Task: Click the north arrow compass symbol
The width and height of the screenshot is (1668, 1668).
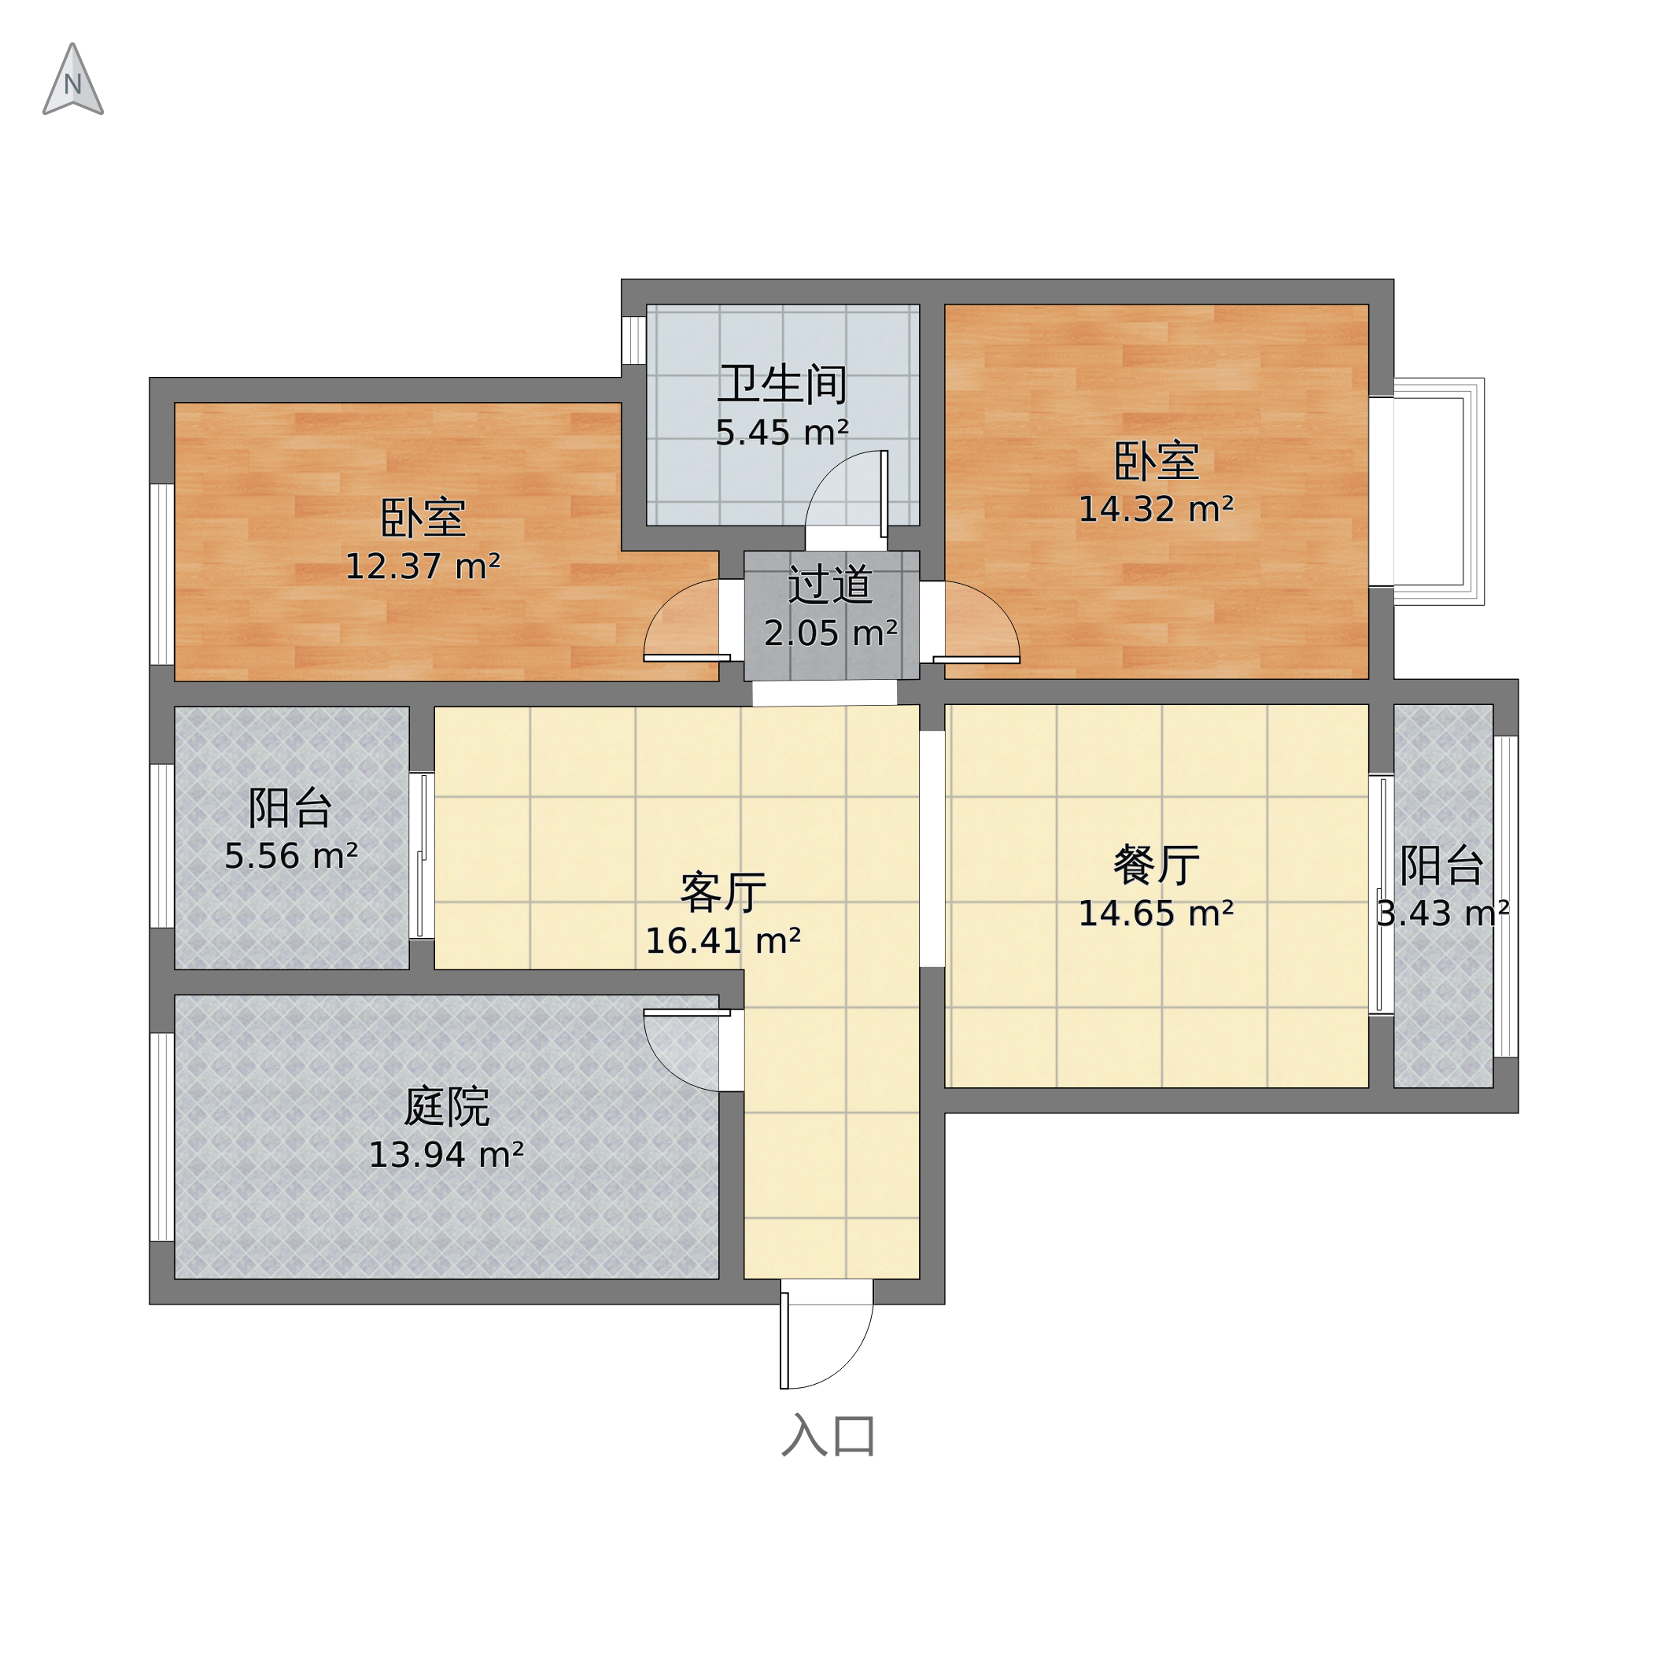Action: pos(73,80)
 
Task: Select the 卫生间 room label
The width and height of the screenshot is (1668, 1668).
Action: pos(782,384)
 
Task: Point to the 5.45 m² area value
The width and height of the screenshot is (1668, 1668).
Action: pos(782,433)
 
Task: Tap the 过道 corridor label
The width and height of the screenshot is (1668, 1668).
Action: pos(830,585)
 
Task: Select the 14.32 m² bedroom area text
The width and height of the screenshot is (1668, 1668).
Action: pos(1156,509)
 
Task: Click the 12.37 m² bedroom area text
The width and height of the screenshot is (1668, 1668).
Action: pos(423,566)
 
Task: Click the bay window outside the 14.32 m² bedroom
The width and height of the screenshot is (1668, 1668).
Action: pos(1437,491)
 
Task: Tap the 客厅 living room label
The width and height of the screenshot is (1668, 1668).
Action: pos(724,892)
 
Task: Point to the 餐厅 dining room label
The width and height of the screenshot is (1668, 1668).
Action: pos(1156,864)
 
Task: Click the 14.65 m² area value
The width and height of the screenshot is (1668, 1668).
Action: pos(1156,913)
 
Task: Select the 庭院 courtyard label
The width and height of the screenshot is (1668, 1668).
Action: pos(446,1106)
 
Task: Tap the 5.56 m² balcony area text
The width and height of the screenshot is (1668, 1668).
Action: pos(291,857)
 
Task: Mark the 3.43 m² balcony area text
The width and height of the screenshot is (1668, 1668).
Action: pos(1443,913)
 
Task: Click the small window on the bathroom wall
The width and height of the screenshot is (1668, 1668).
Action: pos(633,341)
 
